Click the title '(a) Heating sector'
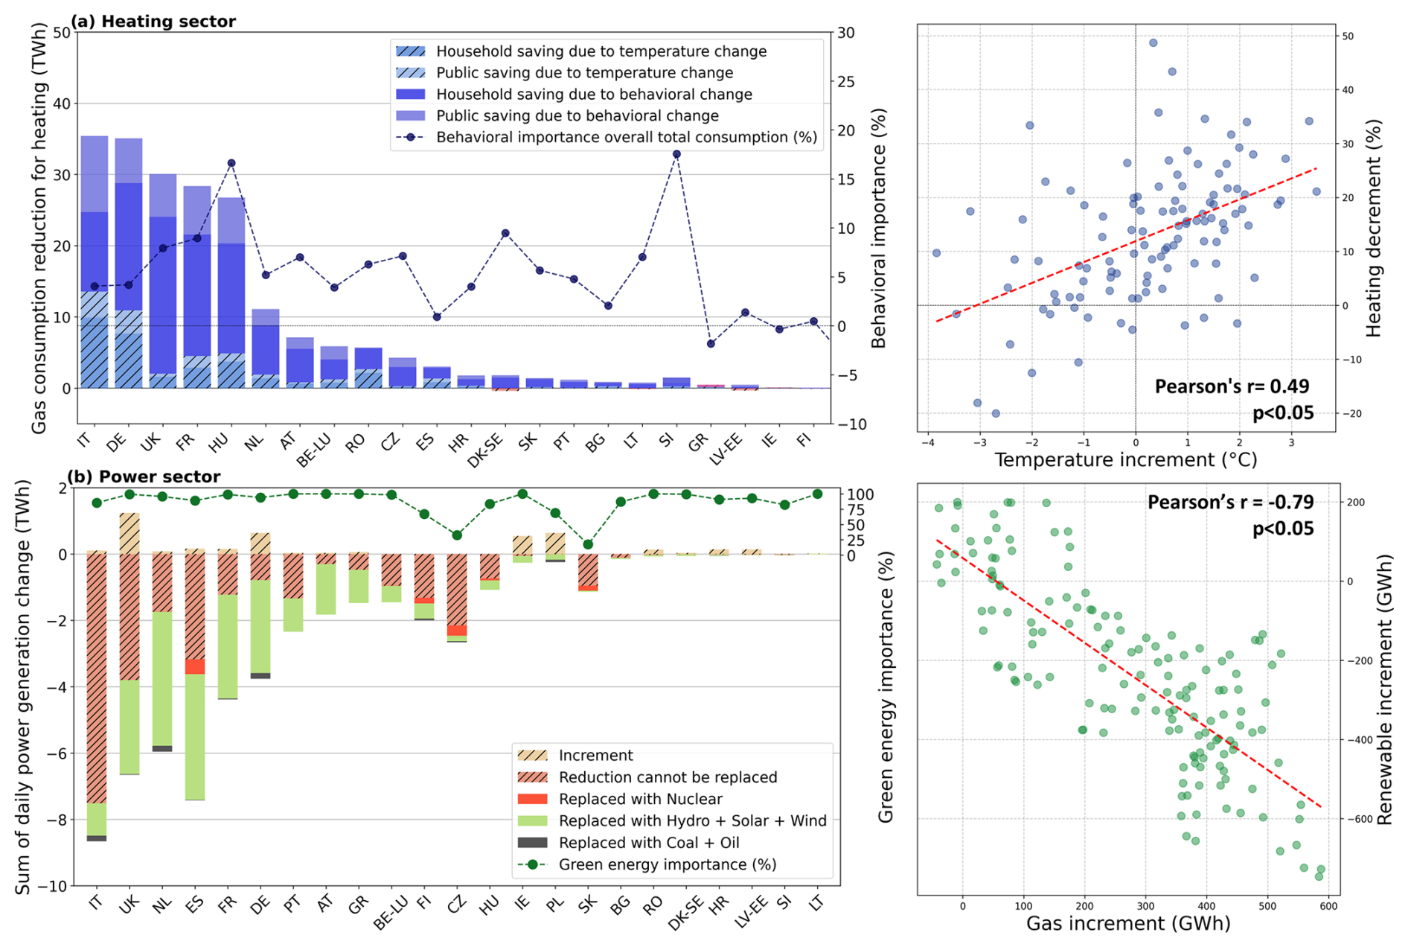point(153,22)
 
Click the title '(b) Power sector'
point(144,476)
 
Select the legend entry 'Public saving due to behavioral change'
point(577,116)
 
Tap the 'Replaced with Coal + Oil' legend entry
point(649,843)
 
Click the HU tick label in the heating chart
point(220,442)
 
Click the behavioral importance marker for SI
point(676,154)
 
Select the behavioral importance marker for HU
point(231,163)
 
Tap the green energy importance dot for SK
point(588,544)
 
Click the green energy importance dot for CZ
point(457,535)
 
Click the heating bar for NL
point(266,350)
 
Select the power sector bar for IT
point(97,692)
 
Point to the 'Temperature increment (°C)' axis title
point(1125,460)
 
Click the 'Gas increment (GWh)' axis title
point(1127,924)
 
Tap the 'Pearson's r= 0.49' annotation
point(1232,386)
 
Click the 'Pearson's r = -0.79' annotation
point(1230,503)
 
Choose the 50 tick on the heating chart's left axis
point(62,33)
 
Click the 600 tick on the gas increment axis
point(1328,906)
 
